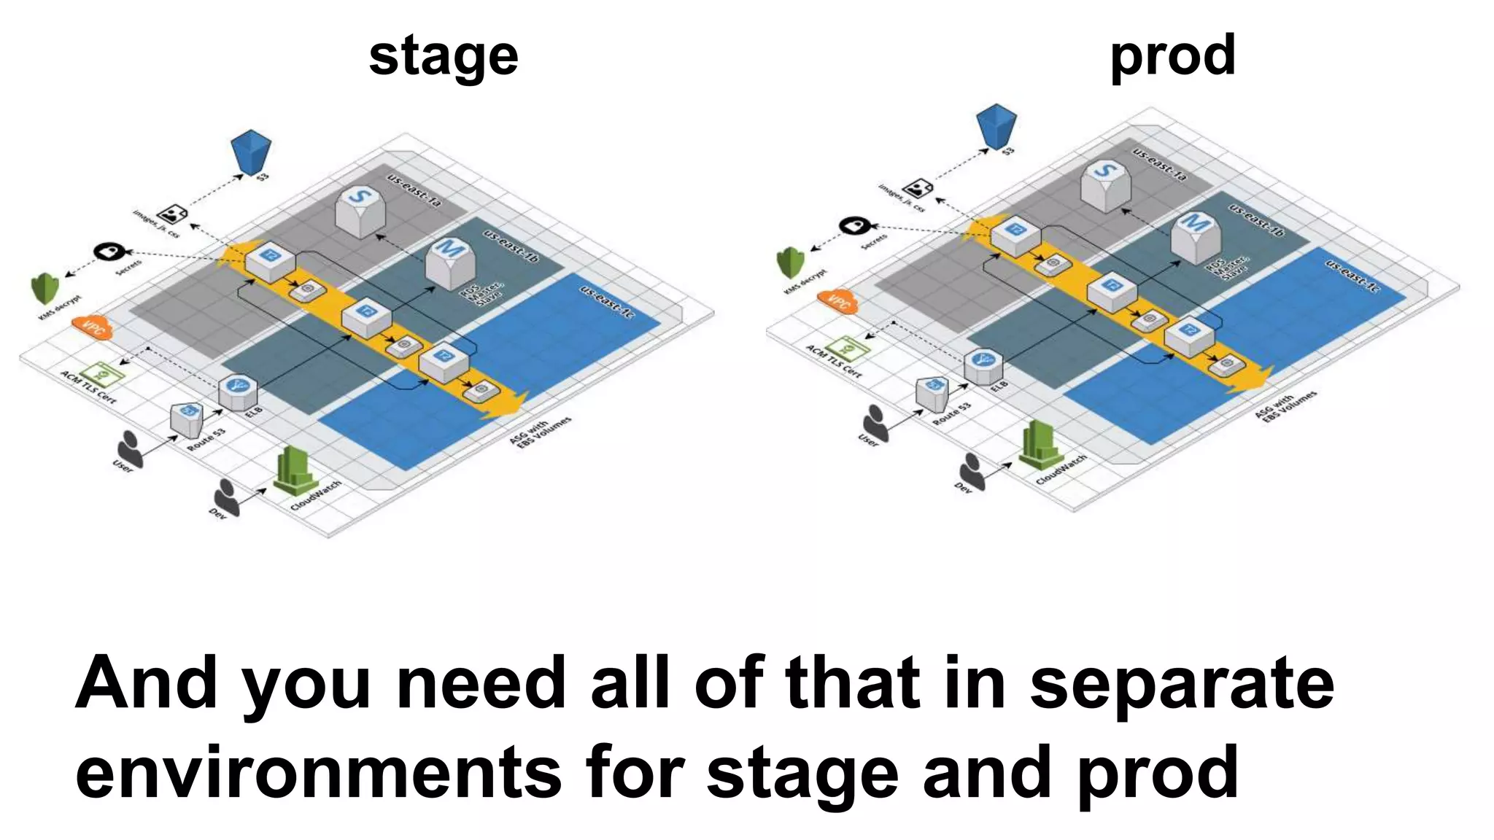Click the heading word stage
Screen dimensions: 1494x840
444,56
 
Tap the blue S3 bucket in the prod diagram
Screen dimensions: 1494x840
996,126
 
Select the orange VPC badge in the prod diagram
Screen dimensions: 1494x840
838,300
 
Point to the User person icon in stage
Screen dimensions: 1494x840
131,446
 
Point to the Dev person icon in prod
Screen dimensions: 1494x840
972,470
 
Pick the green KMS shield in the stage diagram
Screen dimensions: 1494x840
45,289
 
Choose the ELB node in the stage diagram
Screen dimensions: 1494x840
238,391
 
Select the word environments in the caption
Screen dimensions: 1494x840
318,772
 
